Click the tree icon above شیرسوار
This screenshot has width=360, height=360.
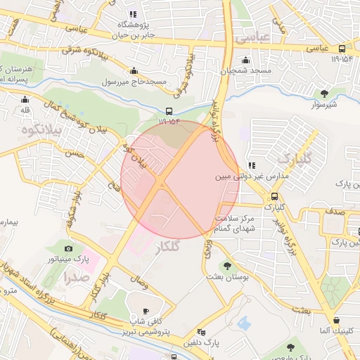coord(324,93)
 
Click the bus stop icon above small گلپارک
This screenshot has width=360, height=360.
coord(274,196)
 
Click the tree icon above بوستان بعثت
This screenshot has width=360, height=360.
coord(226,265)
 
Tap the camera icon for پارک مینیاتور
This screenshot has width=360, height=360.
coord(69,248)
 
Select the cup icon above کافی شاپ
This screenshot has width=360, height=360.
coord(146,311)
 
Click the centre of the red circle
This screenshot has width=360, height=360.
coord(171,179)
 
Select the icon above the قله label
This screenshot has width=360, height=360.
coord(25,99)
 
